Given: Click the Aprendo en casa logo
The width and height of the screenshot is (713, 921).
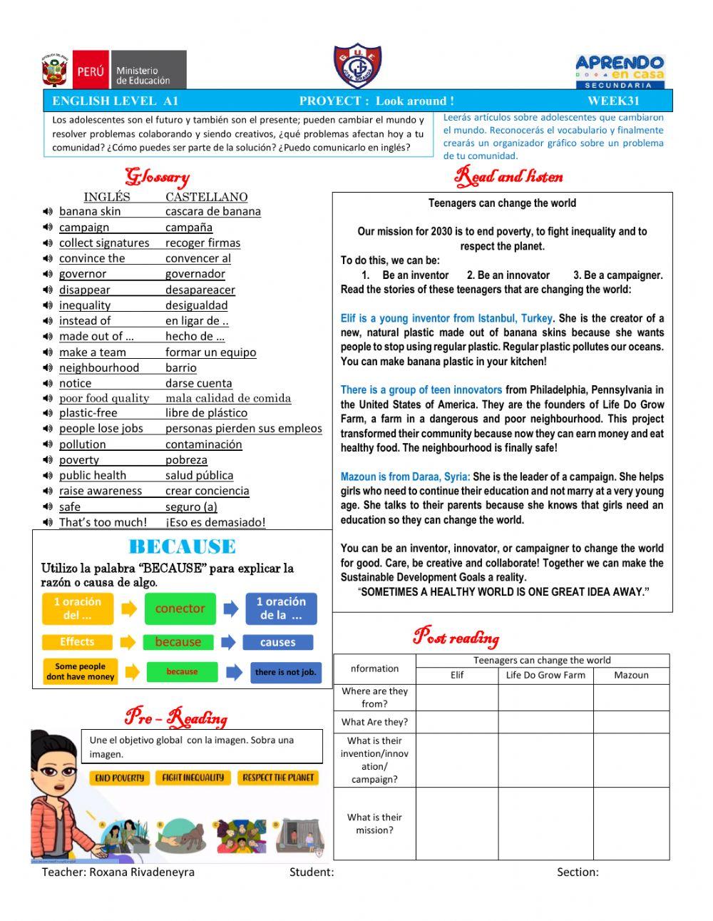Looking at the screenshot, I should (620, 71).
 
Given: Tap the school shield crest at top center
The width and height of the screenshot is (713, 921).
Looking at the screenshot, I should (357, 66).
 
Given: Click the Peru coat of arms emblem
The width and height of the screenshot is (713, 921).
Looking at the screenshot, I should (55, 71).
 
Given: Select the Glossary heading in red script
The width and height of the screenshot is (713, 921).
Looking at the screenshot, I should (157, 176).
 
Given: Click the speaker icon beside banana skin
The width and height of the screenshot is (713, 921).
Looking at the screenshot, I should (48, 211).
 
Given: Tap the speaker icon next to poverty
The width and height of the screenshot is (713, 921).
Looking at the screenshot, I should (48, 460).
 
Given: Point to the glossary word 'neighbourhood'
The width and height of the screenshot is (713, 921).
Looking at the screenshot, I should (99, 367).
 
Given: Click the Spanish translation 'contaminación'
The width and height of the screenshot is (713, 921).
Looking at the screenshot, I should (204, 444).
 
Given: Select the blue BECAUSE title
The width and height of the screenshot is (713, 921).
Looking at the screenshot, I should (182, 547).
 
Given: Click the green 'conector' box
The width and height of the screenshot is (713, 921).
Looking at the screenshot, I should (180, 609).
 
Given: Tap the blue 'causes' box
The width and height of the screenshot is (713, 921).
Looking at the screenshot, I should (277, 642).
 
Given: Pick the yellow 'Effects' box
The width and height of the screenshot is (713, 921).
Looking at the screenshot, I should (77, 642).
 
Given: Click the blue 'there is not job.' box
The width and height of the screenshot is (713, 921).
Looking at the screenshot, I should (285, 672).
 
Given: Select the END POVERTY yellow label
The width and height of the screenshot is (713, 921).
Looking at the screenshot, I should (119, 778).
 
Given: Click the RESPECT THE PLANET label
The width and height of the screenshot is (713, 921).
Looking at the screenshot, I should (278, 778).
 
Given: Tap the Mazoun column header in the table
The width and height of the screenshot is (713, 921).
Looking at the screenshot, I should (631, 675).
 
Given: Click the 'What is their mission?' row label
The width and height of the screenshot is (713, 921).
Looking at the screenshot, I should (374, 823).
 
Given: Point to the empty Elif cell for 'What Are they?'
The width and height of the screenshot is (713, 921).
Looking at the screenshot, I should (457, 722).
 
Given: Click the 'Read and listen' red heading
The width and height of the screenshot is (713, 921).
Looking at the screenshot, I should (509, 176).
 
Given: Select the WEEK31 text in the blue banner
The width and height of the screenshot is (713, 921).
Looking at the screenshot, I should (613, 101).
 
